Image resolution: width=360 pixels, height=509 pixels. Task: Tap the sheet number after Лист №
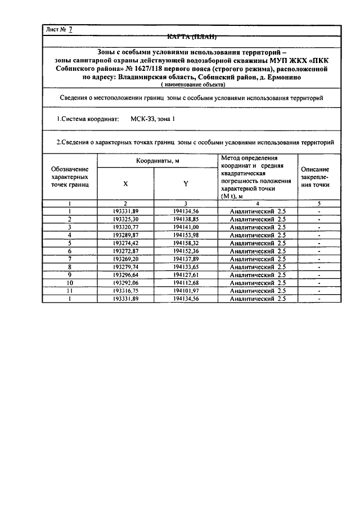71,30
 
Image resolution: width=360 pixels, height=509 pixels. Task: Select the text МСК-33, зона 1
153,120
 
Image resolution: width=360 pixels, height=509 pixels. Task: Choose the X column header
125,183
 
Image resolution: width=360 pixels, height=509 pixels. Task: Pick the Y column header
186,183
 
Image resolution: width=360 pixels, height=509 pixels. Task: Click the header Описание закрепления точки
315,177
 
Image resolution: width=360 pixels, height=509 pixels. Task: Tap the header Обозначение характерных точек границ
70,177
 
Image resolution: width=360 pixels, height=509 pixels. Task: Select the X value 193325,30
125,219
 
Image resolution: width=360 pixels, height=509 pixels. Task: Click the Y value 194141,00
186,227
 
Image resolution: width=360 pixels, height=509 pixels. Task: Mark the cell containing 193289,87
125,235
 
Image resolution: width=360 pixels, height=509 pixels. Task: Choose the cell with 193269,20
125,259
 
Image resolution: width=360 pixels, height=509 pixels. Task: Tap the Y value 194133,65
186,267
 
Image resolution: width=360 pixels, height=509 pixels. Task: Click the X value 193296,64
125,275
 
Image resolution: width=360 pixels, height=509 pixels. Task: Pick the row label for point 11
70,291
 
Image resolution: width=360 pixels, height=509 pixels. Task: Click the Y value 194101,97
186,291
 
